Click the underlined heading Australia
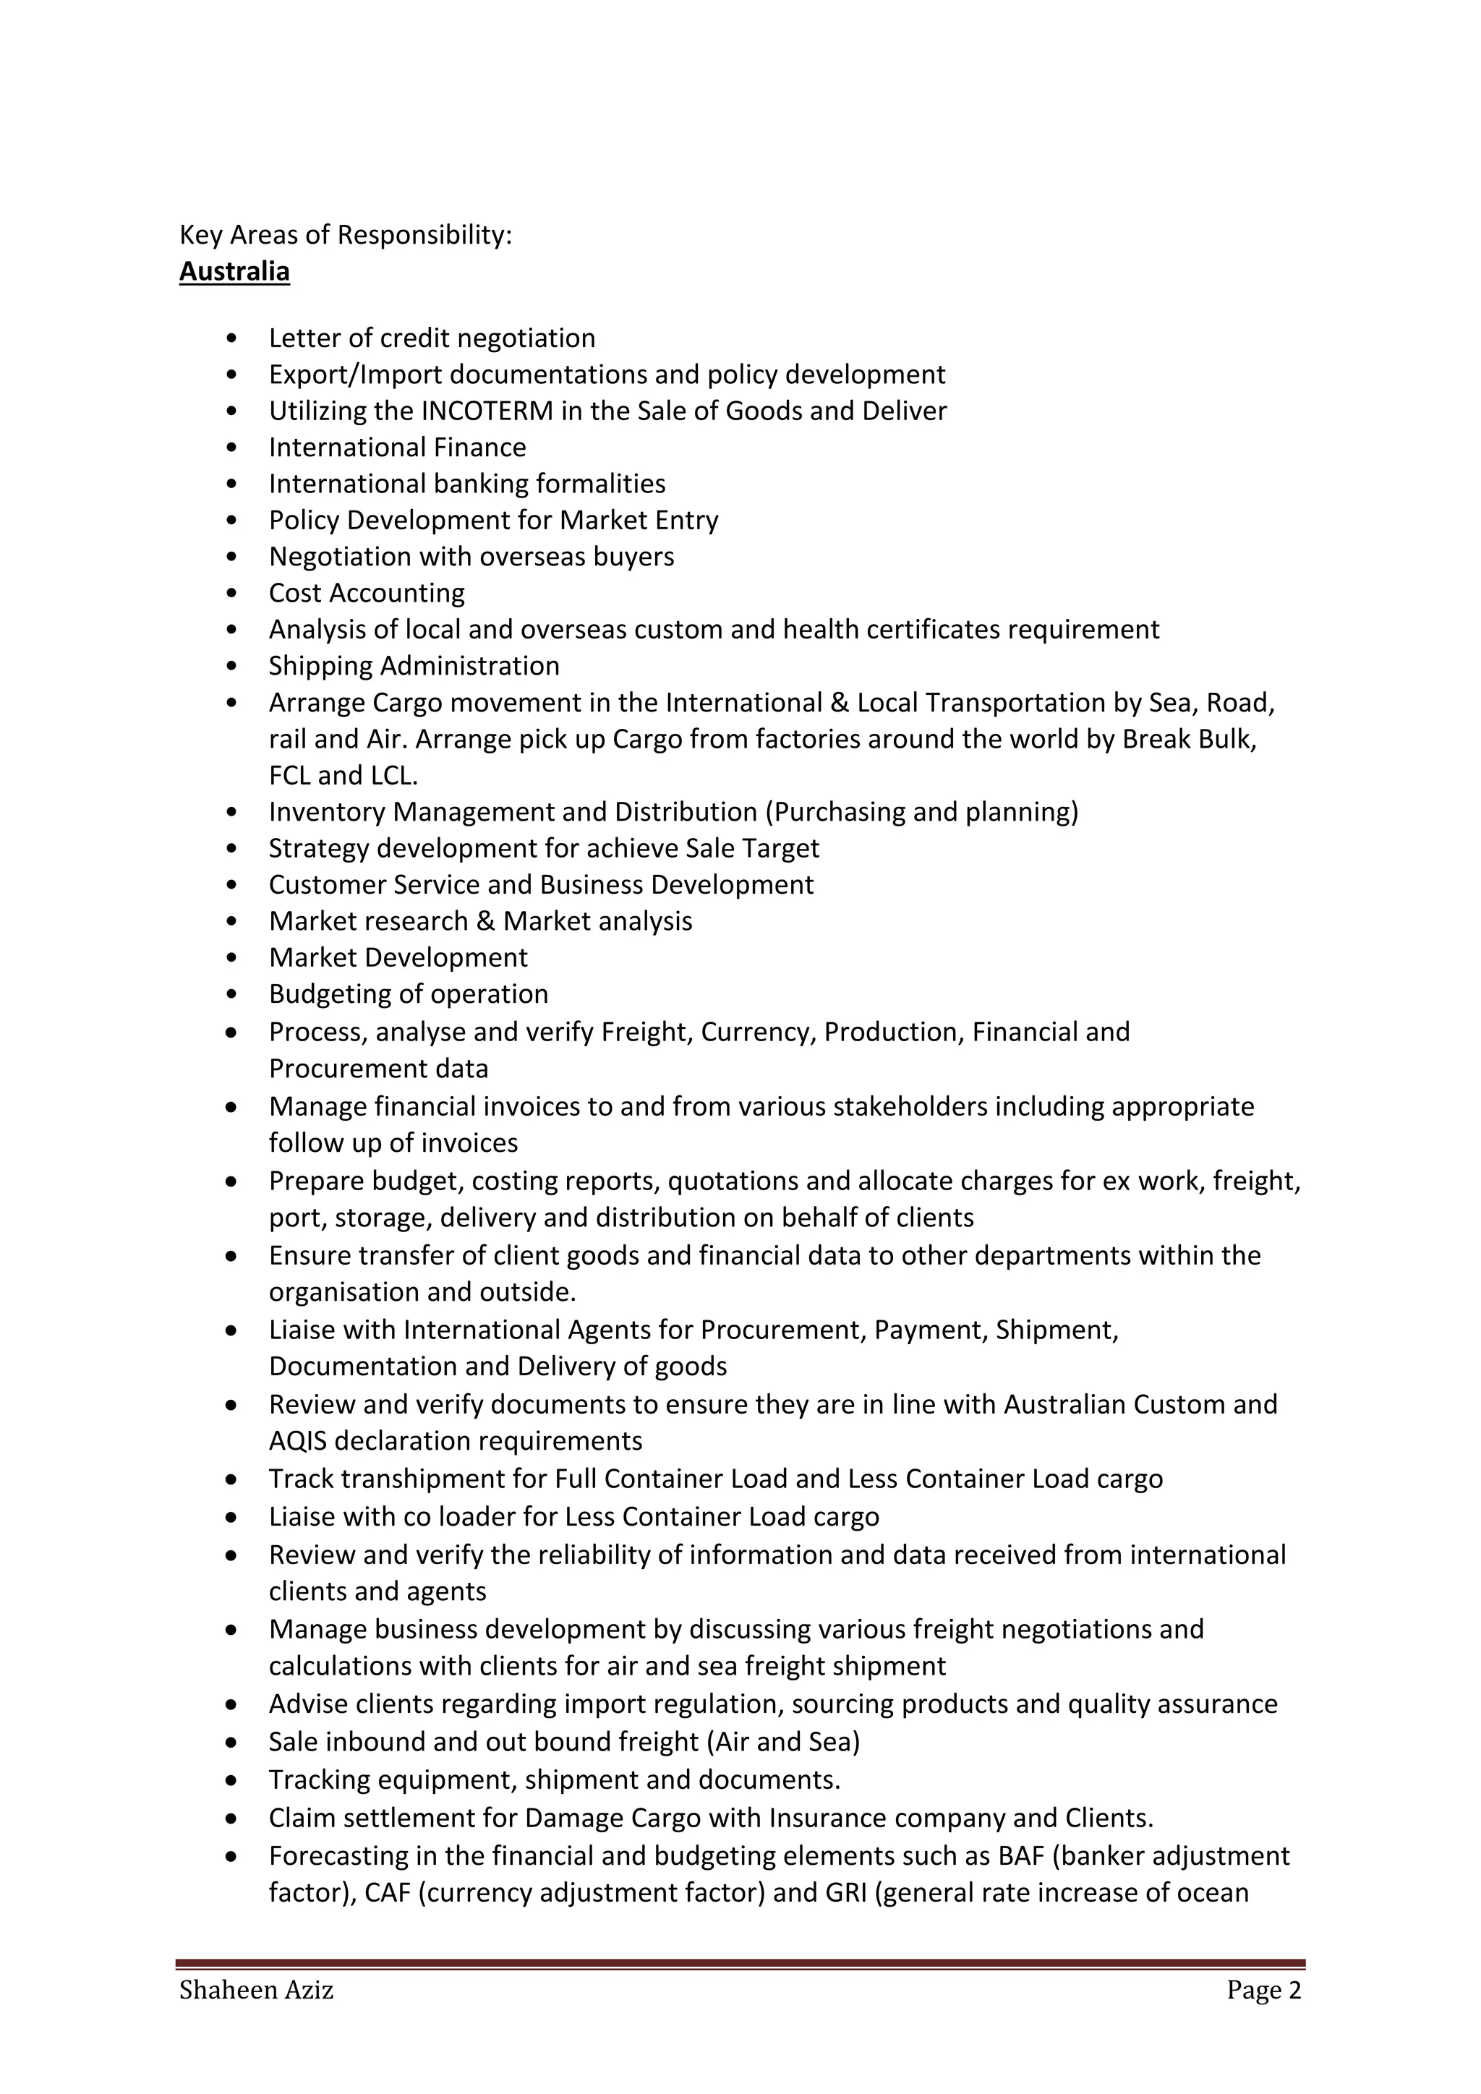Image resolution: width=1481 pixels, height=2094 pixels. (234, 272)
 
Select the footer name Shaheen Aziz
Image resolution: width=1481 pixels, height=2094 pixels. (256, 1990)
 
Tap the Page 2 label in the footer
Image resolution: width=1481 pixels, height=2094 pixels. (1264, 1990)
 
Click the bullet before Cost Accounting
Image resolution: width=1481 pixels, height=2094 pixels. (234, 594)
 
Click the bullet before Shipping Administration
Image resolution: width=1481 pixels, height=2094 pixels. (234, 667)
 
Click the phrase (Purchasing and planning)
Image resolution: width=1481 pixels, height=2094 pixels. (922, 812)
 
